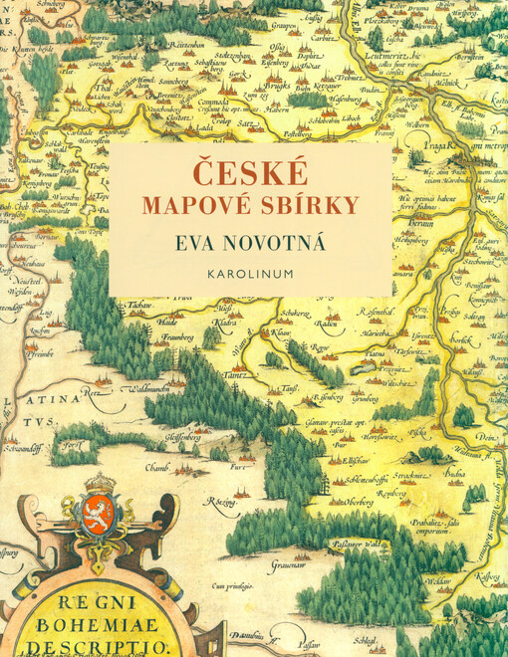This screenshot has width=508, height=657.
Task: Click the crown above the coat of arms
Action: pos(99,484)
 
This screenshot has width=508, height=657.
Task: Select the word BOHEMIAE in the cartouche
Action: pos(92,625)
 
